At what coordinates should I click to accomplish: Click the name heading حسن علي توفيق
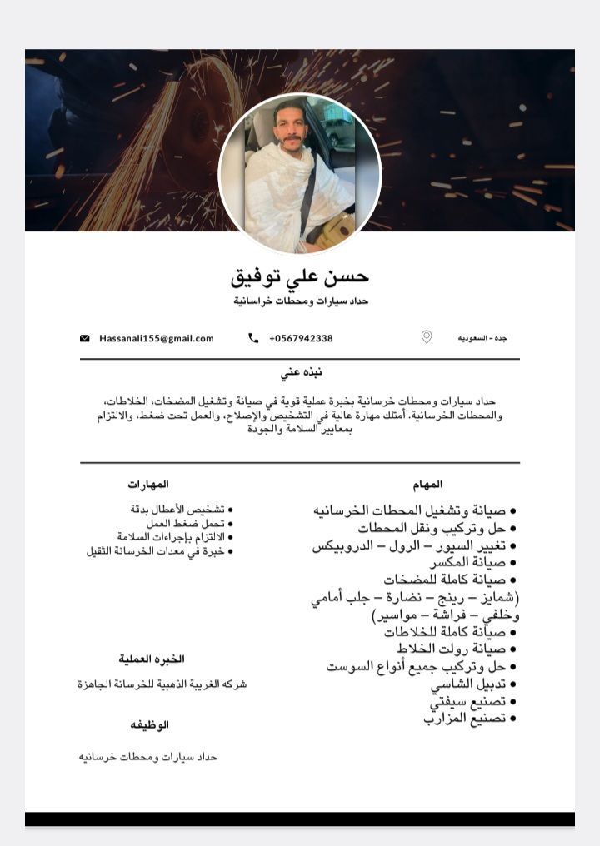[x=299, y=276]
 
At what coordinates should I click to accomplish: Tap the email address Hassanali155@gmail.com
[x=157, y=338]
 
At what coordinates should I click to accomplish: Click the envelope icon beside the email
[x=85, y=338]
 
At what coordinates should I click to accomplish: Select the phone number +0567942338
[x=301, y=338]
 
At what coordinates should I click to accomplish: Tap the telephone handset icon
[x=253, y=338]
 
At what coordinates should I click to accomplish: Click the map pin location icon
[x=427, y=337]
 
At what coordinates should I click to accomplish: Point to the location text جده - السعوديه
[x=482, y=338]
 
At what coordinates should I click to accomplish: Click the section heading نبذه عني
[x=301, y=372]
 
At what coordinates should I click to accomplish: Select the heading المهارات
[x=148, y=484]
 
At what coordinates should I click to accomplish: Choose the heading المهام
[x=427, y=484]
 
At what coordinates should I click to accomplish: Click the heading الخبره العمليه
[x=152, y=659]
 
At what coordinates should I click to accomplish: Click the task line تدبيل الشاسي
[x=465, y=684]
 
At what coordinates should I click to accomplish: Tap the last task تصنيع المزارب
[x=464, y=717]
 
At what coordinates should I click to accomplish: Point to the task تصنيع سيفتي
[x=468, y=701]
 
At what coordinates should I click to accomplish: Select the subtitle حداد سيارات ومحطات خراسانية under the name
[x=300, y=301]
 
